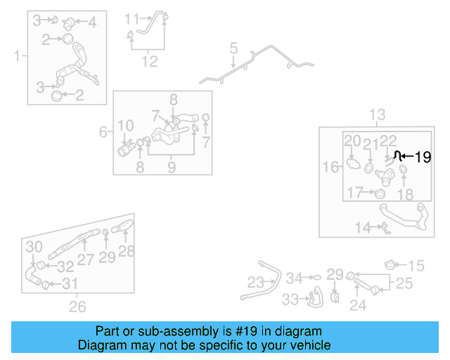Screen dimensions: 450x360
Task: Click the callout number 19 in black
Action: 423,157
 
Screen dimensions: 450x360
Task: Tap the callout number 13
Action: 378,115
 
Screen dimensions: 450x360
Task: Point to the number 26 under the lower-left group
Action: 77,306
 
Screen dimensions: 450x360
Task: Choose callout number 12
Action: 149,61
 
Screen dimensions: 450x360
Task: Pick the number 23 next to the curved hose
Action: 255,282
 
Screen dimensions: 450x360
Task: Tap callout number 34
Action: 294,278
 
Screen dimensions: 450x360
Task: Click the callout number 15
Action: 417,266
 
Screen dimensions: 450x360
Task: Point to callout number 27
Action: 84,259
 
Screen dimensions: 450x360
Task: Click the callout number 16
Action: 330,167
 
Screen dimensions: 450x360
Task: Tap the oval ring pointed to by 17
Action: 380,195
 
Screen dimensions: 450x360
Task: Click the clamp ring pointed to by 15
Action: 391,265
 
